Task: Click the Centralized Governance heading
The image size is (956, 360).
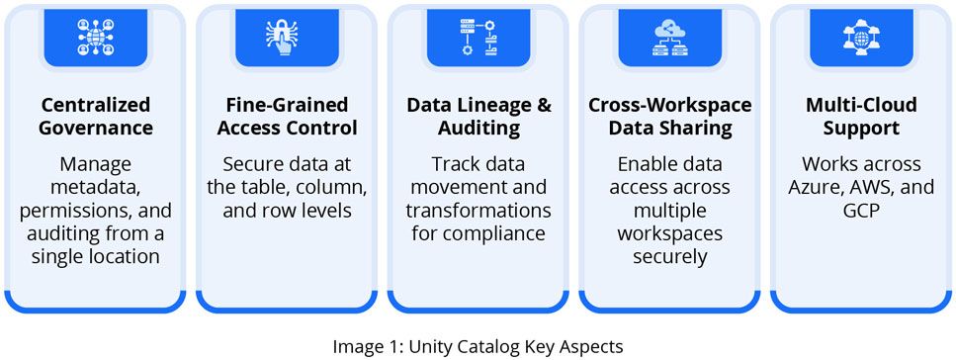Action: [x=95, y=116]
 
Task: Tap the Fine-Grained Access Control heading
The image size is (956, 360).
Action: [x=286, y=116]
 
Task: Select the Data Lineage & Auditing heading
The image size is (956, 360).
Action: [x=478, y=116]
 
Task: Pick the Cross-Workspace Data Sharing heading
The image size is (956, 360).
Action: [x=669, y=116]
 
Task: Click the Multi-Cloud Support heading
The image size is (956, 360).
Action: [x=860, y=116]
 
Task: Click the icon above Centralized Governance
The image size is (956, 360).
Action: [x=95, y=37]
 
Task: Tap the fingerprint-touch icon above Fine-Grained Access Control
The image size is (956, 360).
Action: [x=287, y=37]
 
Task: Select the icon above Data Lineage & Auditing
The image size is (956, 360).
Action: [x=478, y=37]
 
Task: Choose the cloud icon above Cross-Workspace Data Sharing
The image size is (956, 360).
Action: [x=669, y=37]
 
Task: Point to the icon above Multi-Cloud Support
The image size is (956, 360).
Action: [x=860, y=37]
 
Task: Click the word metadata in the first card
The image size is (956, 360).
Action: [x=95, y=187]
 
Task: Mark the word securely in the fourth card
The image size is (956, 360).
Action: [x=669, y=257]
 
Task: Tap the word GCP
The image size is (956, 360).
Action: [x=860, y=211]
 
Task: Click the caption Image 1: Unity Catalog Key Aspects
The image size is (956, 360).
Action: [x=478, y=346]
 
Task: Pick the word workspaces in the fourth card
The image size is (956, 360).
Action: [x=669, y=234]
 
